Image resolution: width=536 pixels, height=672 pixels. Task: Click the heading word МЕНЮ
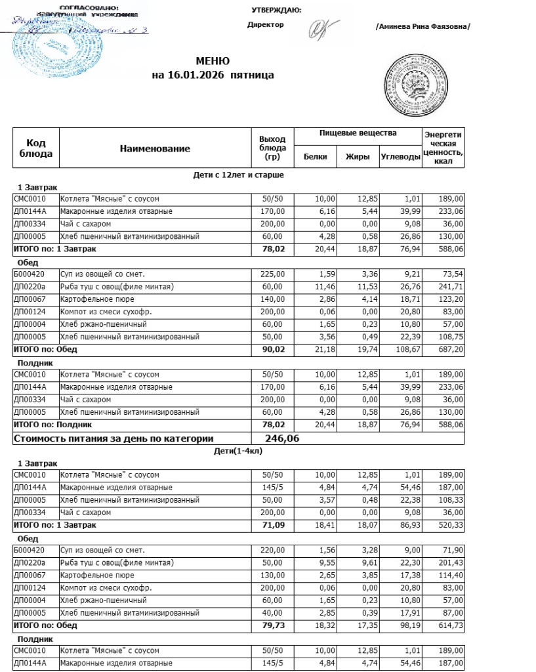pyautogui.click(x=213, y=61)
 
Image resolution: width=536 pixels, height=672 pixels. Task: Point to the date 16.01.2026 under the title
pyautogui.click(x=194, y=75)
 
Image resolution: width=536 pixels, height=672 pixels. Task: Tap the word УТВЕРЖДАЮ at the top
pyautogui.click(x=276, y=10)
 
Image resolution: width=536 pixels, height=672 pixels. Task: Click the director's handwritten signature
pyautogui.click(x=324, y=27)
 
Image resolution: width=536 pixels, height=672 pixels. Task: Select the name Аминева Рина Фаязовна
pyautogui.click(x=423, y=26)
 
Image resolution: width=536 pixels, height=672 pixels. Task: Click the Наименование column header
pyautogui.click(x=155, y=149)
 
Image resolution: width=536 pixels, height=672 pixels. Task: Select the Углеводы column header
pyautogui.click(x=400, y=157)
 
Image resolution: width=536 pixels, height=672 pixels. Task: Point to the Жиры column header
pyautogui.click(x=358, y=157)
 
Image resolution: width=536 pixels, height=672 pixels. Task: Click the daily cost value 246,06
pyautogui.click(x=282, y=438)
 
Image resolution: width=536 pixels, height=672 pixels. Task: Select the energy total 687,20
pyautogui.click(x=450, y=349)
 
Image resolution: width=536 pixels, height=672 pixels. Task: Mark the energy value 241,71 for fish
pyautogui.click(x=450, y=287)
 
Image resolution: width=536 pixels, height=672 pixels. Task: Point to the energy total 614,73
pyautogui.click(x=450, y=625)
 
